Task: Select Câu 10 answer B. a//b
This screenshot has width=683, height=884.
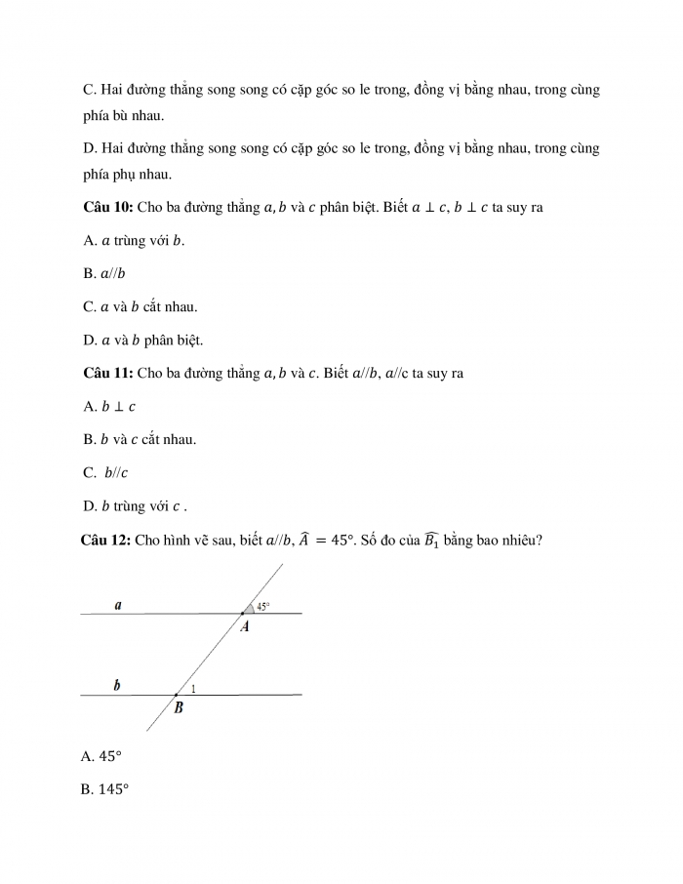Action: [x=104, y=274]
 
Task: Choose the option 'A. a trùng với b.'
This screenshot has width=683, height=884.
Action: [x=134, y=242]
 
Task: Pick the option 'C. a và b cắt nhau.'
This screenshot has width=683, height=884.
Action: [x=141, y=306]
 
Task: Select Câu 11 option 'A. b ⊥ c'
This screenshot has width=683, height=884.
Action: [x=109, y=406]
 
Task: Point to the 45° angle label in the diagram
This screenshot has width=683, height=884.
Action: [x=262, y=606]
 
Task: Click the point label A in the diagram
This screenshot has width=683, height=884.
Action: [x=245, y=626]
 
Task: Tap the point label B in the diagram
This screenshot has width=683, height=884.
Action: [x=179, y=709]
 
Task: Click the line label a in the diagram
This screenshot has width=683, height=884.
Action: [x=118, y=605]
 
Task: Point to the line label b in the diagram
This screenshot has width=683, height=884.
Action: [x=117, y=686]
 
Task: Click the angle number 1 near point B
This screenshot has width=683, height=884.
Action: [x=194, y=689]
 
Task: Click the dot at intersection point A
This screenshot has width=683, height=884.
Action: [x=243, y=613]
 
